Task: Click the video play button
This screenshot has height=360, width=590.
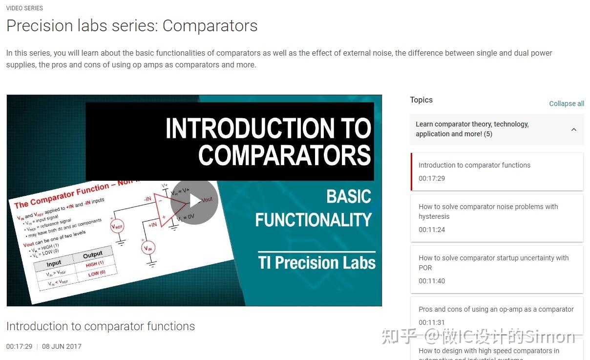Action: point(194,201)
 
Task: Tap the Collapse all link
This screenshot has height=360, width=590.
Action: point(567,104)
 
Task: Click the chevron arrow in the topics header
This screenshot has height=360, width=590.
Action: point(574,129)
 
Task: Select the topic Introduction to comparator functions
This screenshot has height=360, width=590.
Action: point(474,165)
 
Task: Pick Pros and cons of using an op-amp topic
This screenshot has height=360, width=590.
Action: point(496,309)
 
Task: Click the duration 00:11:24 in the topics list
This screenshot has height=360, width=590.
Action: point(432,230)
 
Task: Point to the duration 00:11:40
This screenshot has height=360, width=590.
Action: point(432,281)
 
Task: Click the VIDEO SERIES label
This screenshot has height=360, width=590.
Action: point(24,8)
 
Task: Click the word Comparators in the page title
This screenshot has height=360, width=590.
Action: point(210,26)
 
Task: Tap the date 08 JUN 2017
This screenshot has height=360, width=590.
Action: point(62,346)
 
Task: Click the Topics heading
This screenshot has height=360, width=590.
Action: point(421,100)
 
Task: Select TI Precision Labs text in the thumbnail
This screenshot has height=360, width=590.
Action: point(316,263)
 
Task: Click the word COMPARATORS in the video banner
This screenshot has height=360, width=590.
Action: point(284,155)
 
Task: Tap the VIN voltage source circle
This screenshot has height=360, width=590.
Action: point(148,248)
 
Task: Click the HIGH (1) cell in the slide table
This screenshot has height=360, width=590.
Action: point(95,264)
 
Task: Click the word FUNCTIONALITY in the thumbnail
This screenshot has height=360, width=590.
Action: point(313,220)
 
